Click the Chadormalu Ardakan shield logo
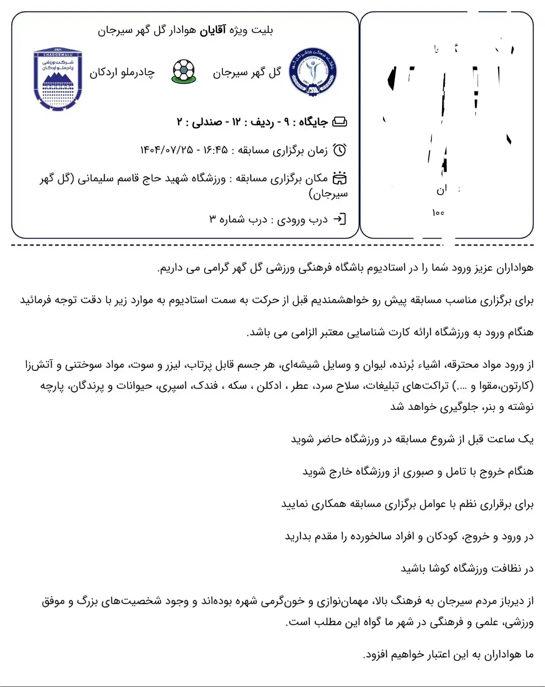coord(58,79)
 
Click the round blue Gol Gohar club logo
coord(313,71)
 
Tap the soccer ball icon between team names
coord(183,71)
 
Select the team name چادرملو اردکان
coord(122,72)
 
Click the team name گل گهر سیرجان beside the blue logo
coord(247,72)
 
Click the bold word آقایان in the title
coord(213,30)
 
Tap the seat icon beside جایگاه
coord(340,122)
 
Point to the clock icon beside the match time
coord(340,150)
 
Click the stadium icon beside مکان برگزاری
coord(340,178)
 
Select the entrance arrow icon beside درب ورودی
coord(340,219)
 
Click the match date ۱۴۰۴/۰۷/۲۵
coord(167,150)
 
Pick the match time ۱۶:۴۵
coord(215,150)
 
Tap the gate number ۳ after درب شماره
coord(212,219)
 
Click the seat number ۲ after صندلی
coord(180,122)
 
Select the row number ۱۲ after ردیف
coord(236,122)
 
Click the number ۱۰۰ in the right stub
coord(438,213)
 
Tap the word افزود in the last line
coord(374,655)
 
